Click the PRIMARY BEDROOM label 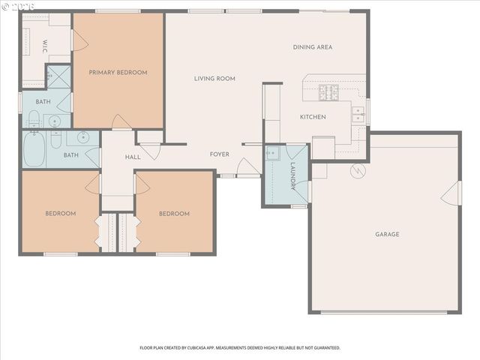pyautogui.click(x=118, y=73)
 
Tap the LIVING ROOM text pyautogui.click(x=214, y=79)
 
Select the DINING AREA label pyautogui.click(x=313, y=47)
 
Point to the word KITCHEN pyautogui.click(x=312, y=117)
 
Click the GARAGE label pyautogui.click(x=387, y=235)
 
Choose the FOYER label pyautogui.click(x=219, y=154)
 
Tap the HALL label pyautogui.click(x=133, y=157)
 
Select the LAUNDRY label pyautogui.click(x=293, y=176)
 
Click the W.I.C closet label pyautogui.click(x=45, y=46)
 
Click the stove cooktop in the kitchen pyautogui.click(x=328, y=93)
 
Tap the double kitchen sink pyautogui.click(x=358, y=115)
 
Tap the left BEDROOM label pyautogui.click(x=60, y=214)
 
